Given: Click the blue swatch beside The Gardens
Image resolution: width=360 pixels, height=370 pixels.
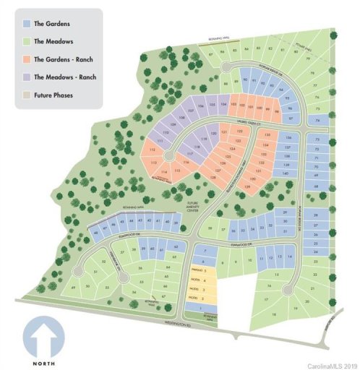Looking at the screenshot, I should coord(27,23).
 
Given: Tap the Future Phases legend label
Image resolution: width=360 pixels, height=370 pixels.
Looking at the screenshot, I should coord(58,93).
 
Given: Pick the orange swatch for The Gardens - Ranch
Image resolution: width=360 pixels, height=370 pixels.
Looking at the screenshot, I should coord(27,59).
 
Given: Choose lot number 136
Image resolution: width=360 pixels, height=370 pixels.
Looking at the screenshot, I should coord(288,137).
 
